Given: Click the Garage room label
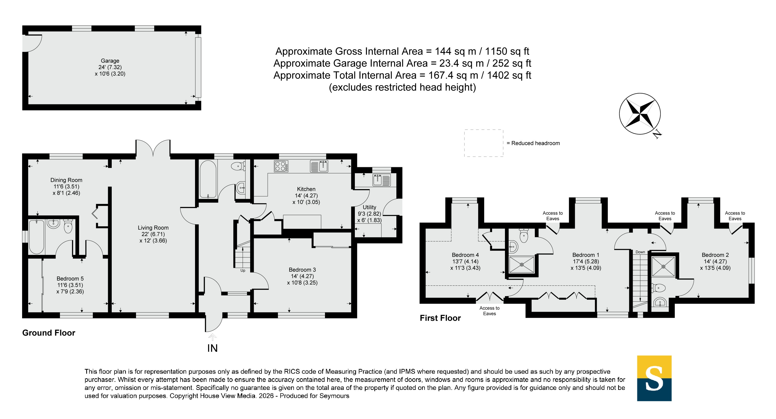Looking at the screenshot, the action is click(110, 61).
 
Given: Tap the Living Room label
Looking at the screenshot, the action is click(153, 228).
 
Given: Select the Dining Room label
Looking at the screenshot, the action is click(66, 180).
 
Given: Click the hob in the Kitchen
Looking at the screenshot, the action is click(281, 166).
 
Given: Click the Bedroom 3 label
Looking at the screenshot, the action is click(302, 270).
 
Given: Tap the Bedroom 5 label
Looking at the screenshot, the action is click(70, 279).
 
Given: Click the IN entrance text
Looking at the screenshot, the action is click(212, 348).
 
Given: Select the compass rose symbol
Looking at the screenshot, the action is click(640, 114).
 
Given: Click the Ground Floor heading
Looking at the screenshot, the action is click(49, 333).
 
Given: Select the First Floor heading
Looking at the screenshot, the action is click(440, 318).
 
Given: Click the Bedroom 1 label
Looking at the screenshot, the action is click(586, 255).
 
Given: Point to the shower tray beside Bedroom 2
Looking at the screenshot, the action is click(663, 266).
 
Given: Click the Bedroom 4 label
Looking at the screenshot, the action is click(465, 255).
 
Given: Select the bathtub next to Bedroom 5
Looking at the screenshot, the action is click(36, 237).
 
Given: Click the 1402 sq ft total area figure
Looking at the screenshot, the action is click(509, 75).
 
